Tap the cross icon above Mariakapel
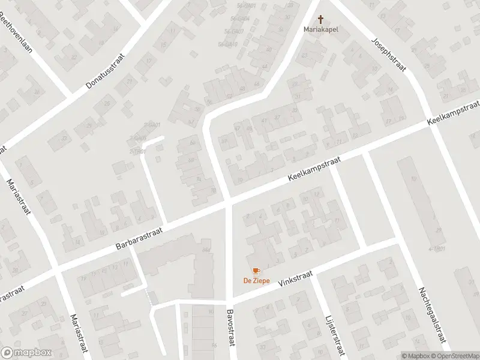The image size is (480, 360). tap(320, 19)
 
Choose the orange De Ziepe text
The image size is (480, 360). tap(256, 281)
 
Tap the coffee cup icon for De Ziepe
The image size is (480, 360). tap(256, 272)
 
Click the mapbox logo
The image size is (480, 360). tap(26, 353)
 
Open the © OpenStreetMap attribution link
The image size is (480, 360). tap(455, 356)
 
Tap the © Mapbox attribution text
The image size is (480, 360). tap(415, 356)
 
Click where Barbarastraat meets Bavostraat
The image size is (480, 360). tap(229, 203)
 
